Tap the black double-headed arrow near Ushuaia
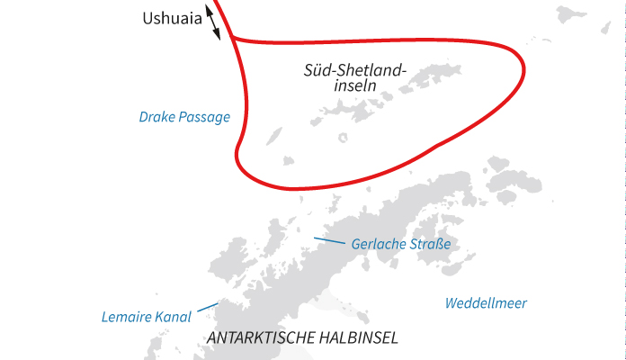coord(212,21)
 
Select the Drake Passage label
coord(184,117)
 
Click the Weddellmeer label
coord(486,303)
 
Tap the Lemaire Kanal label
coord(147,317)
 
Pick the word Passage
coord(205,117)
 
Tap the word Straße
coord(431,245)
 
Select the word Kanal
coord(174,317)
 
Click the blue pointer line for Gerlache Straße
coord(328,240)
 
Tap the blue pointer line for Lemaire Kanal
coord(206,309)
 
